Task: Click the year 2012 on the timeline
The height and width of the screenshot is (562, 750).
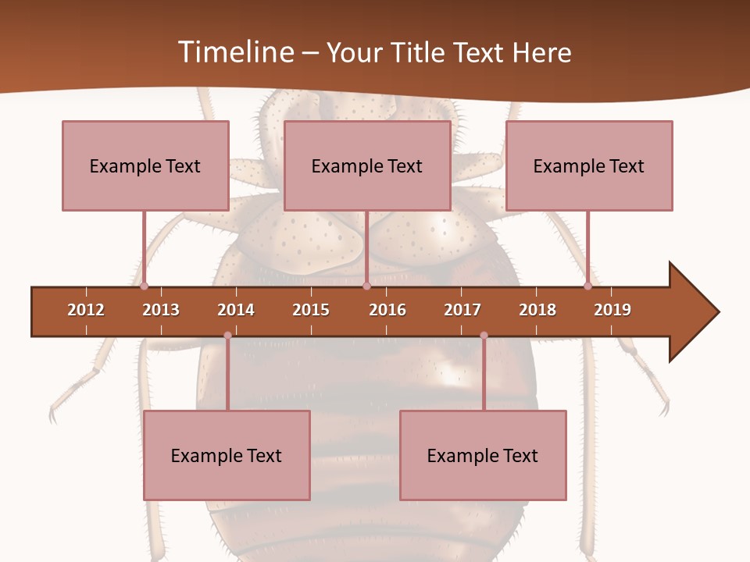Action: pos(86,310)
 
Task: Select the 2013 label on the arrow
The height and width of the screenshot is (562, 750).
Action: pos(161,310)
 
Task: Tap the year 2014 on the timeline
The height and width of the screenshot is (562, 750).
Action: pos(236,310)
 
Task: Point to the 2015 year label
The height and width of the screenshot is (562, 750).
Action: pos(311,310)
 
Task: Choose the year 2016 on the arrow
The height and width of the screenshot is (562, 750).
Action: pos(387,310)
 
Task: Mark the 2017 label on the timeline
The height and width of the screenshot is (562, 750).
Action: pos(462,310)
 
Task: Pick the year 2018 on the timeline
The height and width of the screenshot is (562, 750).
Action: pos(537,310)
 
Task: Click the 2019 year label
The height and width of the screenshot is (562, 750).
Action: pos(612,310)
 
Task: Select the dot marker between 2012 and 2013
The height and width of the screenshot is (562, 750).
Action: pos(144,286)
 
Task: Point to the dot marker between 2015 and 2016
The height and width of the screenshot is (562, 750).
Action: pos(366,286)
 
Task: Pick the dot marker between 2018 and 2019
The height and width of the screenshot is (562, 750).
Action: pos(588,286)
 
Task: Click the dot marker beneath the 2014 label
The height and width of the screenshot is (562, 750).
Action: pos(227,336)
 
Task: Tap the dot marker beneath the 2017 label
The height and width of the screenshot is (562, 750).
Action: pos(484,336)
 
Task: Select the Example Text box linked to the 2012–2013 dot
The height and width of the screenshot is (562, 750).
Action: pos(145,165)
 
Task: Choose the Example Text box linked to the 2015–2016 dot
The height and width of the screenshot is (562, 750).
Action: pos(367,165)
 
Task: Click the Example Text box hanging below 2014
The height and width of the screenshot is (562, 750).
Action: pos(227,455)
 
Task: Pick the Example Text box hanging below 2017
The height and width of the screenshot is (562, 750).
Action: pos(483,455)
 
